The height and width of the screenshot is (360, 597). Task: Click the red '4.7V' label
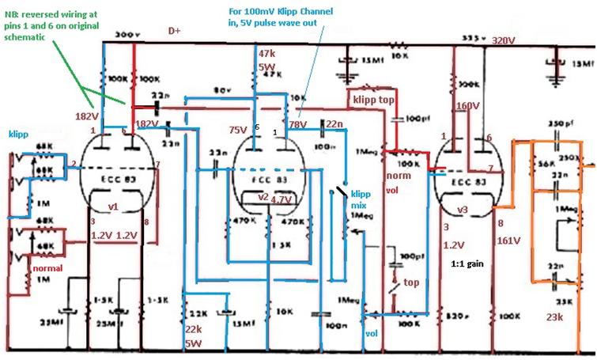tap(281, 201)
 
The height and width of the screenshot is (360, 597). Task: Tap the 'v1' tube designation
tap(112, 207)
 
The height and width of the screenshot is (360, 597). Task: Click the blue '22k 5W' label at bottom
tap(194, 335)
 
